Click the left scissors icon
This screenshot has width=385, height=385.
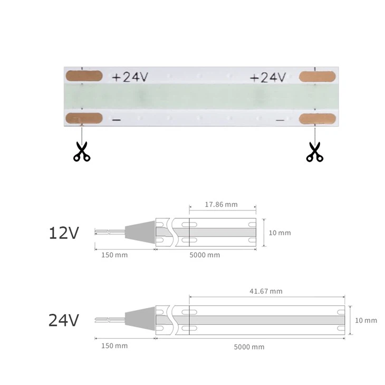(82, 151)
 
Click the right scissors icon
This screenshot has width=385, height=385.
(314, 151)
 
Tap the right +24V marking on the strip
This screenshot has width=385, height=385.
(267, 78)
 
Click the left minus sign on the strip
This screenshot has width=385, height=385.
(117, 120)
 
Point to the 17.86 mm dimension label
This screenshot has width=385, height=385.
(220, 204)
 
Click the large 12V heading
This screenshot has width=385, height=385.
(63, 233)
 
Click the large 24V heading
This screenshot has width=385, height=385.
(63, 320)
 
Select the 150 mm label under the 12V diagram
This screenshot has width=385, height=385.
(114, 255)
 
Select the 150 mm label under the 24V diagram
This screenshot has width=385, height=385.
(114, 345)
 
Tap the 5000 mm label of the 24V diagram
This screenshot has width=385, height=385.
(249, 346)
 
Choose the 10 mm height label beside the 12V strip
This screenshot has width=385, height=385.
(280, 233)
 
